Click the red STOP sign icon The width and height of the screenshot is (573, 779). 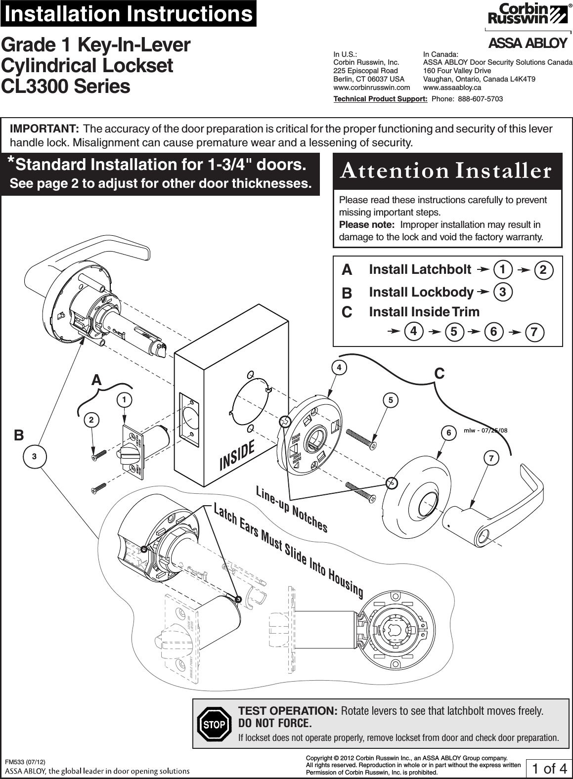point(214,725)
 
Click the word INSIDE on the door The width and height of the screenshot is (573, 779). point(237,455)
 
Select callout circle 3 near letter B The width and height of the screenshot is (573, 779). point(34,456)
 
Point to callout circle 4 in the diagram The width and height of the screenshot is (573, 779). point(339,368)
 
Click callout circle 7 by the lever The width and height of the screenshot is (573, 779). point(491,458)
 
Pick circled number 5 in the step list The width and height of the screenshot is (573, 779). point(453,332)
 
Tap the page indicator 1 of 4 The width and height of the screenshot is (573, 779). point(549,769)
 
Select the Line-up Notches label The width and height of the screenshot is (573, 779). point(292,509)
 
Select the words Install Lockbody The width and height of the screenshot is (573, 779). point(421,292)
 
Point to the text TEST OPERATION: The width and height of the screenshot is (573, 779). point(288,711)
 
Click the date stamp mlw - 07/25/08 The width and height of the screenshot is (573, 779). point(485,430)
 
